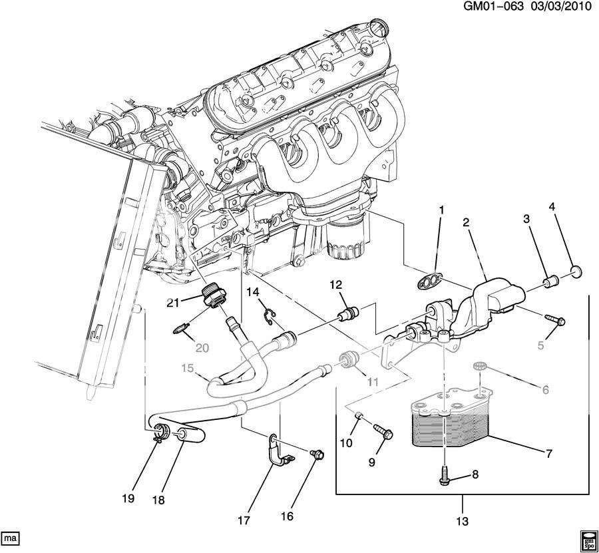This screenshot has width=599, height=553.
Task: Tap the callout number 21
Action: (174, 303)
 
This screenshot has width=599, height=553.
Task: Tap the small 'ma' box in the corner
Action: (10, 536)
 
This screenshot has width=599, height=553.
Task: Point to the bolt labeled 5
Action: (556, 320)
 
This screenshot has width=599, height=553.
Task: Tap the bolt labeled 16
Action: (317, 455)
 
